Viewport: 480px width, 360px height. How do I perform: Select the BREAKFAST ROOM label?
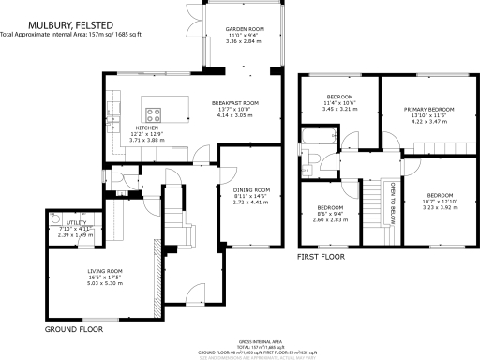[x=234, y=103]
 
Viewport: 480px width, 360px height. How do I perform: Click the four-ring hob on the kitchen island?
[x=155, y=115]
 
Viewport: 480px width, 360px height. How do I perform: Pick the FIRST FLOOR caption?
[x=321, y=256]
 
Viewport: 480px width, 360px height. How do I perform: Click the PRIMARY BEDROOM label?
[x=428, y=110]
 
